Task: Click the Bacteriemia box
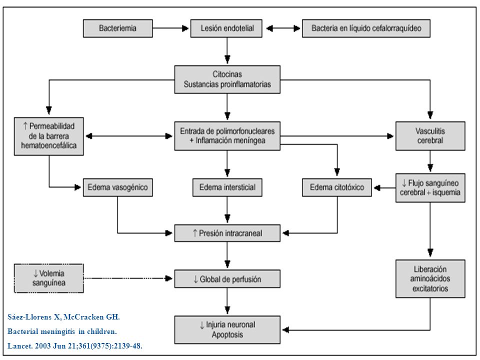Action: pos(118,28)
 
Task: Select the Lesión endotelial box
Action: pos(226,28)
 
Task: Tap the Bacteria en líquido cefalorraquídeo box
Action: pos(366,28)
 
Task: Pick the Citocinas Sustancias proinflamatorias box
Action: pos(227,79)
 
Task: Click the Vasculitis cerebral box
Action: pos(430,136)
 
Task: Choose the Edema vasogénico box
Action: pos(118,187)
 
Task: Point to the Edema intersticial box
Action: pos(227,187)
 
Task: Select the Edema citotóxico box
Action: pos(336,187)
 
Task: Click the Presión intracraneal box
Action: pos(227,233)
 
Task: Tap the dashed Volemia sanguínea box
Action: pos(48,278)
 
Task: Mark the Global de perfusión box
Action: pos(227,279)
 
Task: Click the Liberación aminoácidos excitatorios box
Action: pos(430,279)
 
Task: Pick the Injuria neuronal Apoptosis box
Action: pos(227,329)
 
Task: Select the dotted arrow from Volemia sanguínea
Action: pos(128,278)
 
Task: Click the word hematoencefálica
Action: pos(48,145)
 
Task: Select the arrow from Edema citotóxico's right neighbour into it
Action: pos(384,187)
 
